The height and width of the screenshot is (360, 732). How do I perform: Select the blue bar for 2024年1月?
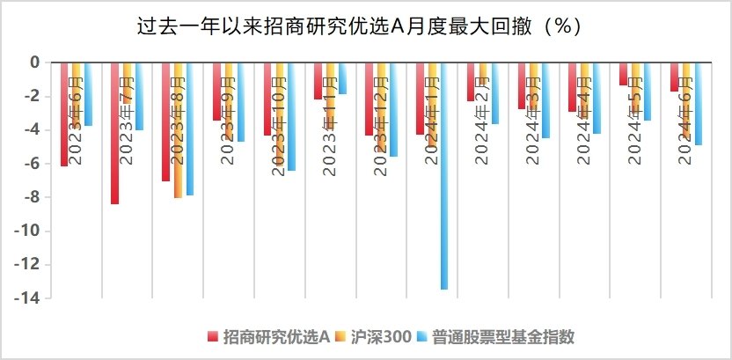click(x=444, y=176)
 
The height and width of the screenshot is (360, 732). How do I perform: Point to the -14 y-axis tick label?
click(x=28, y=298)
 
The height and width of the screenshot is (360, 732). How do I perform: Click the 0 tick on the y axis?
click(x=36, y=62)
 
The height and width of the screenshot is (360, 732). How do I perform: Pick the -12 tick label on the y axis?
click(x=28, y=265)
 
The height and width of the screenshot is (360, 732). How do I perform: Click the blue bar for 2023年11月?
click(x=342, y=78)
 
